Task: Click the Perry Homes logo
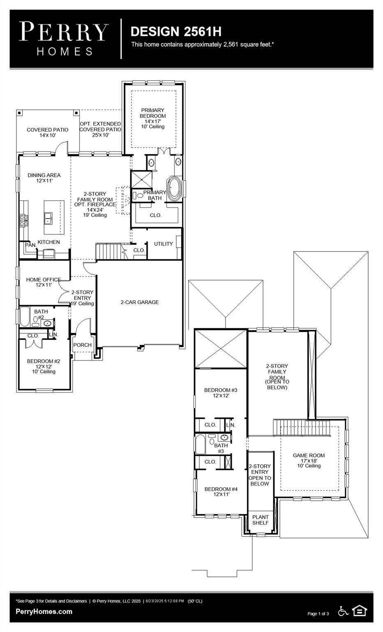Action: [64, 39]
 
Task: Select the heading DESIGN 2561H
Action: [176, 31]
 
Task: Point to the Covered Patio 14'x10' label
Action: [47, 132]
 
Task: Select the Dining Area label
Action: [44, 178]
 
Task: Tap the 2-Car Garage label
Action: [139, 302]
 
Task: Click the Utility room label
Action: [163, 244]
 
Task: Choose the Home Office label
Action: [43, 282]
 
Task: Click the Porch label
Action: [82, 345]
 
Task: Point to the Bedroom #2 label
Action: [44, 366]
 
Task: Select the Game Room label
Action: [309, 460]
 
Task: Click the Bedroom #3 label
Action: [221, 393]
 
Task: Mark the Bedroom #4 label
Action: [221, 491]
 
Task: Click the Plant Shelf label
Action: [260, 520]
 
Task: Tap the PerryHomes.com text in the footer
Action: [44, 611]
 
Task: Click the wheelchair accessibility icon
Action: [343, 611]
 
